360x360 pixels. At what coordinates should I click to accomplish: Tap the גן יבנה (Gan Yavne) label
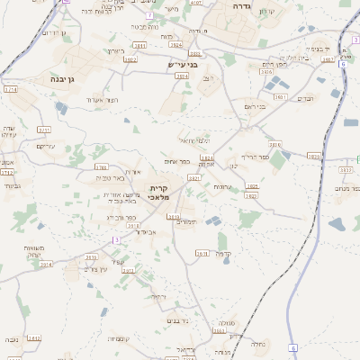tap(58, 78)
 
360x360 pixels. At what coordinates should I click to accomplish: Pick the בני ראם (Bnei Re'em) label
tap(256, 106)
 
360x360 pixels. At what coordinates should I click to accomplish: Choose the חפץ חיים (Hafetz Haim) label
tap(274, 65)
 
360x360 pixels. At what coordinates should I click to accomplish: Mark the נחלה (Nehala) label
tap(258, 343)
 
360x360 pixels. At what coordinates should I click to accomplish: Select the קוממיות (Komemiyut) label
tap(120, 338)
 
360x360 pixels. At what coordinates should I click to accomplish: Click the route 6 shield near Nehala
tap(293, 347)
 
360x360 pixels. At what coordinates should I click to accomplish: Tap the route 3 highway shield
tap(116, 239)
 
